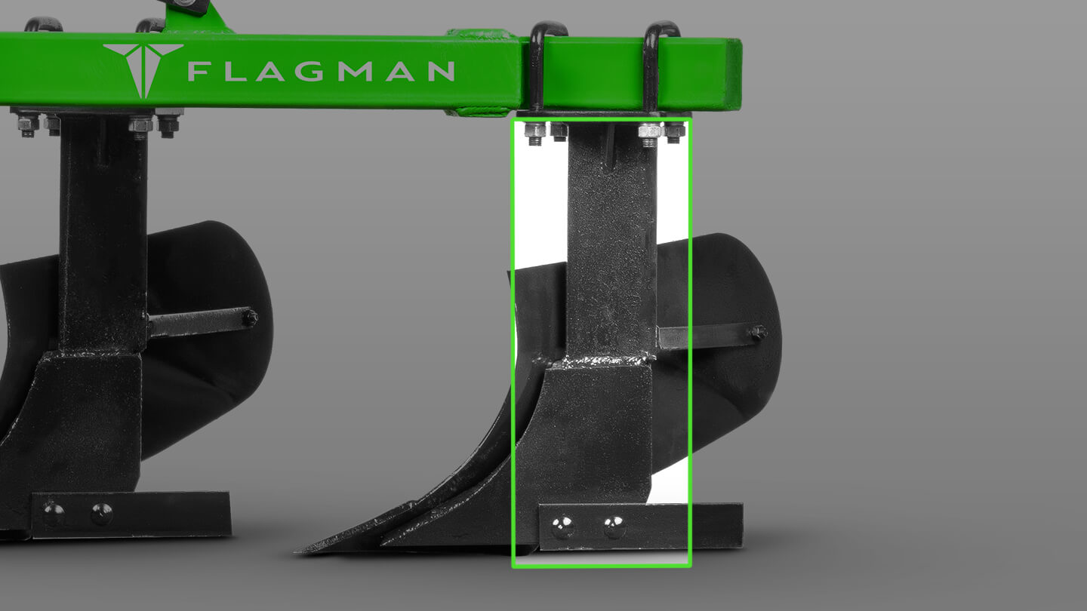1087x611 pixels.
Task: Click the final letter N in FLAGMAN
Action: pos(439,72)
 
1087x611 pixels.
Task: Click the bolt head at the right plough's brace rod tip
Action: pos(758,332)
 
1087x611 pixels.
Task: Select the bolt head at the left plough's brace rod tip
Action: pos(248,318)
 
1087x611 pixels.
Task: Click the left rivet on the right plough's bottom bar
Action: pos(562,527)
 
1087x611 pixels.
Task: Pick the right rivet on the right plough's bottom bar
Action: pos(614,527)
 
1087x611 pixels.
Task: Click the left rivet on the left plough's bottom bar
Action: pos(53,514)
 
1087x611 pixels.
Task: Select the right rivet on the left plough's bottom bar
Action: pos(101,514)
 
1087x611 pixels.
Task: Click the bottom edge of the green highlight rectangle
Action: pos(602,565)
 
